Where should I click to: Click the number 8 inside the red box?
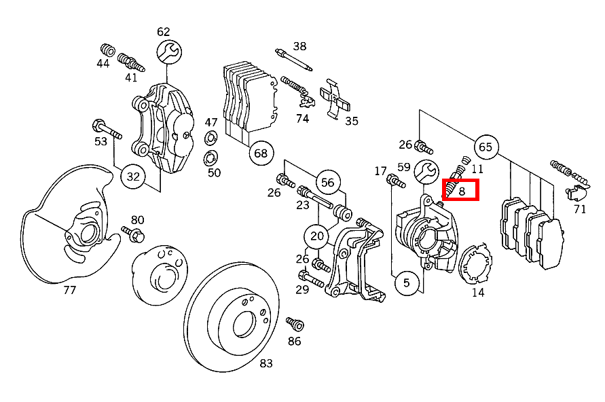pyautogui.click(x=462, y=191)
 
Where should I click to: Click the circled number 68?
pyautogui.click(x=261, y=153)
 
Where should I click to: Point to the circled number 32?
pyautogui.click(x=133, y=177)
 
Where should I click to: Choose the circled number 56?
pyautogui.click(x=328, y=183)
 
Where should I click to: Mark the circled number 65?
pyautogui.click(x=485, y=147)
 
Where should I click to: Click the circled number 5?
pyautogui.click(x=406, y=282)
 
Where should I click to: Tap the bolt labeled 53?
pyautogui.click(x=105, y=128)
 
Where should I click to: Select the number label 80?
pyautogui.click(x=138, y=220)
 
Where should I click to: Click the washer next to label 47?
pyautogui.click(x=210, y=140)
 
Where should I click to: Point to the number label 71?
pyautogui.click(x=579, y=209)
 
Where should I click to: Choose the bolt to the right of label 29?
pyautogui.click(x=313, y=278)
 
